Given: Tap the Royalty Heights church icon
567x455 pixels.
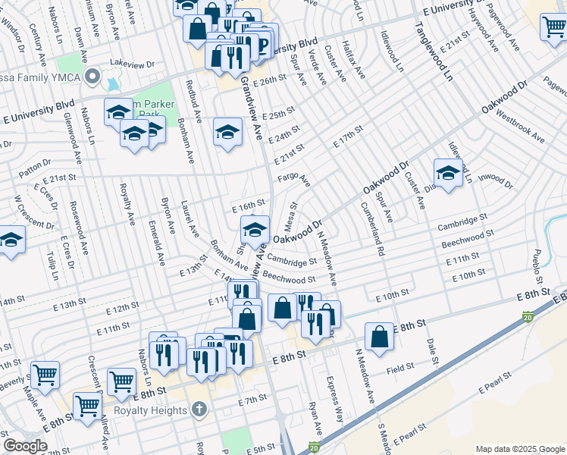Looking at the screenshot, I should [x=199, y=410].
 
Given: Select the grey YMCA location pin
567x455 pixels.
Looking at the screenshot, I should [x=93, y=76].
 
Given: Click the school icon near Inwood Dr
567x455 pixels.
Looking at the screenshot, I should [x=448, y=173].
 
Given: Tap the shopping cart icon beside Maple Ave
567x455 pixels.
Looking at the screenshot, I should [x=45, y=375].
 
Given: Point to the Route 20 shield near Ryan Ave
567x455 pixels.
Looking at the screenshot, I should [x=315, y=447].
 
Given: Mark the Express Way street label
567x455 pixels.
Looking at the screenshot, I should [x=335, y=399].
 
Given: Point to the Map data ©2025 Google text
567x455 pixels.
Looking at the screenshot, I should [x=519, y=449].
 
